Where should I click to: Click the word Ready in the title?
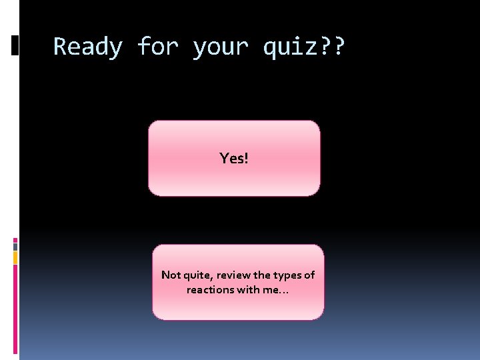click(87, 47)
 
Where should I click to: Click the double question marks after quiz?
click(333, 47)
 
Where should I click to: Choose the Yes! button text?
click(233, 159)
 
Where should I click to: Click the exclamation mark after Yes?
click(246, 159)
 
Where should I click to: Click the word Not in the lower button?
click(171, 275)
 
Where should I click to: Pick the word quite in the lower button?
click(198, 275)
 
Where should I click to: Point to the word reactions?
click(209, 290)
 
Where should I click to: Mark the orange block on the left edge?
click(15, 257)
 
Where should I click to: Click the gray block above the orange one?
click(15, 246)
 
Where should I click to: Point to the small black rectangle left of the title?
click(15, 45)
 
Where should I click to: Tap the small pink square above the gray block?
click(15, 239)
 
